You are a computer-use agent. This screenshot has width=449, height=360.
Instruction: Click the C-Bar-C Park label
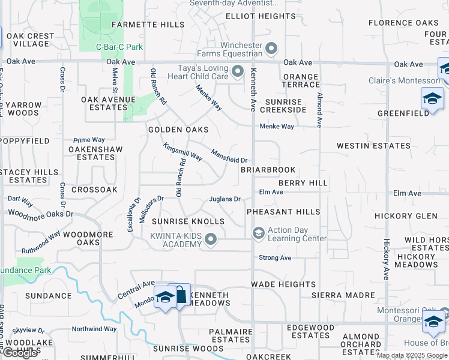(119, 47)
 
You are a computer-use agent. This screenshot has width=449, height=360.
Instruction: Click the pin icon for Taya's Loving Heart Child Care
(238, 72)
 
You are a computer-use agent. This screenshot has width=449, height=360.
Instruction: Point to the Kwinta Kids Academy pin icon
(211, 240)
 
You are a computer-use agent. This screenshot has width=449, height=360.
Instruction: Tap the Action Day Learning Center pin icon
(258, 233)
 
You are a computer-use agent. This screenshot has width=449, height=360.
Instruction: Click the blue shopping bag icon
(180, 295)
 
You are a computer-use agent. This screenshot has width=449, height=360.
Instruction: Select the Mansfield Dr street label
(229, 155)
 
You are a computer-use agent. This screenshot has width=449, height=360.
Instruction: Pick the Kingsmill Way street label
(182, 151)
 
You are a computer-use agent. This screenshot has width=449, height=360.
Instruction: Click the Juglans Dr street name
(224, 199)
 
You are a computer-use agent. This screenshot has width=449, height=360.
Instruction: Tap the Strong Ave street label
(275, 257)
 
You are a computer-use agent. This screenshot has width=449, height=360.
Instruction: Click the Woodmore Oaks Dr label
(40, 214)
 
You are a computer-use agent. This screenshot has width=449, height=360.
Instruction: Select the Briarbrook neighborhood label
(268, 170)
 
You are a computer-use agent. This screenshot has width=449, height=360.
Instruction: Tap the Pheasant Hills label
(283, 212)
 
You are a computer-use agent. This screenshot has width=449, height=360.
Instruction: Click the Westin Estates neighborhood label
(373, 146)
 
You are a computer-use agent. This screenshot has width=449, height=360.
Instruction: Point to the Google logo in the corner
(20, 353)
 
